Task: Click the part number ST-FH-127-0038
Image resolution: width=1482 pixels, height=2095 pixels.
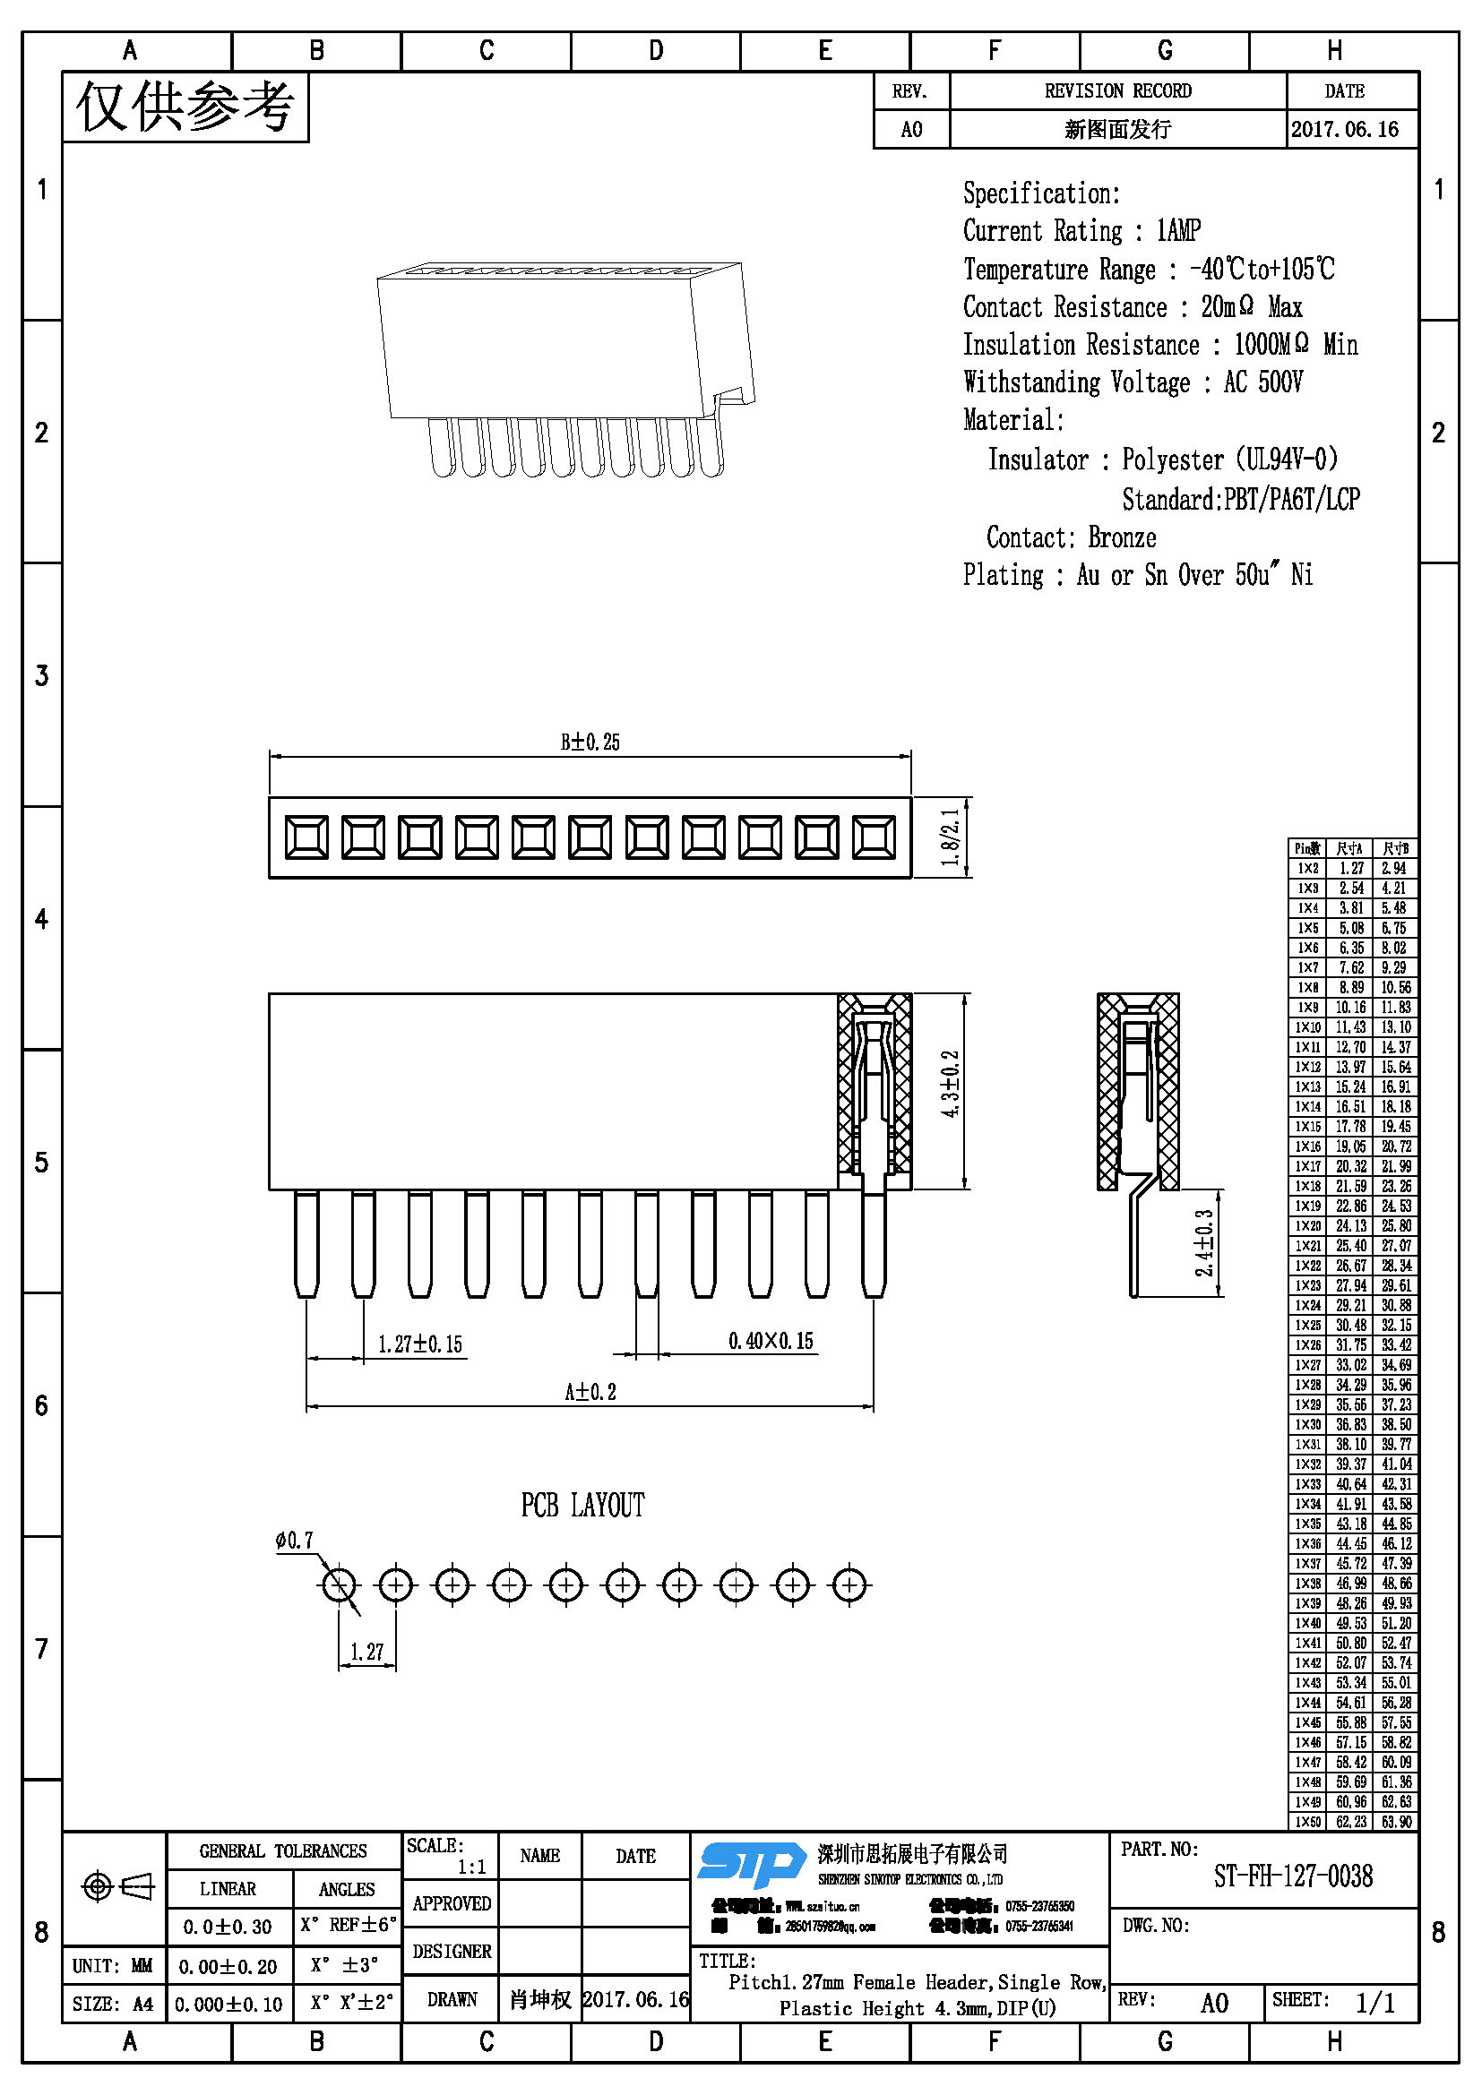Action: point(1292,1876)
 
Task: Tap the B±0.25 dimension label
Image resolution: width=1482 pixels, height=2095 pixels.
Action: point(590,742)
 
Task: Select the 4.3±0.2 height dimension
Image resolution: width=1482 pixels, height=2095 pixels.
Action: point(950,1084)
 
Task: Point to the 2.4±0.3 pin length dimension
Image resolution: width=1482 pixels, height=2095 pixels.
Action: point(1204,1243)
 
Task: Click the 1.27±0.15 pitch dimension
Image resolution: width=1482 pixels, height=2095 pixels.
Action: point(419,1344)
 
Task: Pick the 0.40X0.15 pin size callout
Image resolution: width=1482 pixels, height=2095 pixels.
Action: point(771,1341)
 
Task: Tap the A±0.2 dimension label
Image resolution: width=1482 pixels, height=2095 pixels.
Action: point(590,1392)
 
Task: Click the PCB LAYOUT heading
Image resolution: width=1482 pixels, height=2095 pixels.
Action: point(582,1505)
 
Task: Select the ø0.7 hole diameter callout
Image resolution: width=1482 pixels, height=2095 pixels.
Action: point(294,1541)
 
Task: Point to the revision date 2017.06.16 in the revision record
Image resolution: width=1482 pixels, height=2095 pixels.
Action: point(1344,130)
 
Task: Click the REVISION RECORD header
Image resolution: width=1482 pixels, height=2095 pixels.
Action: point(1118,91)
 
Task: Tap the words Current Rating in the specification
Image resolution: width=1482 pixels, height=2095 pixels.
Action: point(1042,231)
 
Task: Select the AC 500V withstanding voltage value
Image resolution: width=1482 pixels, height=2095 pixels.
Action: point(1263,382)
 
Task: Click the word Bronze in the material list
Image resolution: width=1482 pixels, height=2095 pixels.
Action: point(1122,537)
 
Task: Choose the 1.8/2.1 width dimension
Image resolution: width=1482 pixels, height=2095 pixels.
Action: point(950,837)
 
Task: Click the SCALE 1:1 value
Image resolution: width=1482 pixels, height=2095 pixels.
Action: point(472,1867)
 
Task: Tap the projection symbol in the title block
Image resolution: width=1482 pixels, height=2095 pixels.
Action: point(117,1886)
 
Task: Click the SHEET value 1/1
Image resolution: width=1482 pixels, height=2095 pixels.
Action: point(1374,2003)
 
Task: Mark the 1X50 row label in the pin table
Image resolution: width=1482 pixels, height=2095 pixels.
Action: point(1307,1822)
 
